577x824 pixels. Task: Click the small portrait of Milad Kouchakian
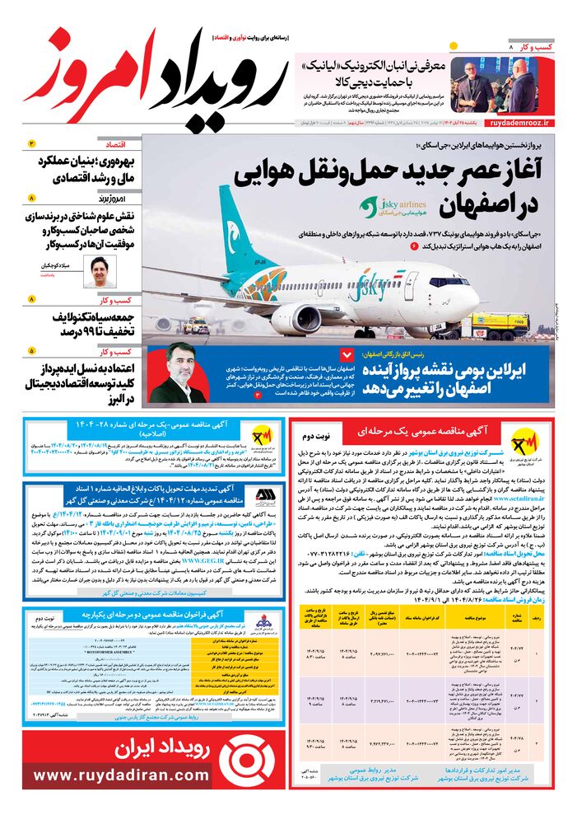pos(100,271)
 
